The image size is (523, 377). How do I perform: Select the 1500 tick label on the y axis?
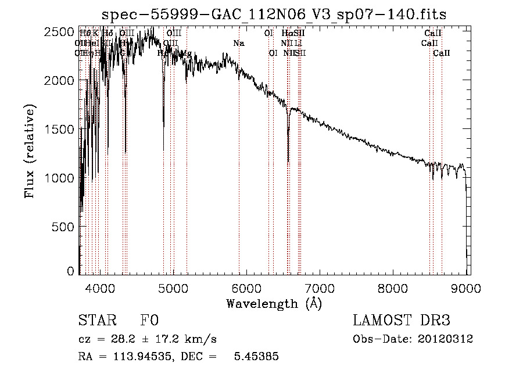[x=60, y=129]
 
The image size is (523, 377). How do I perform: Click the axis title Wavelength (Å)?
[x=274, y=303]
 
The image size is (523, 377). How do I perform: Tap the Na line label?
[x=238, y=43]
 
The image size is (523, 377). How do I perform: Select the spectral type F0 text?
[x=149, y=321]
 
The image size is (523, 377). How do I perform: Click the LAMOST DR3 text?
[x=402, y=321]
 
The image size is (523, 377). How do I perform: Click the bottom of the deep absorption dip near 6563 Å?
[x=288, y=161]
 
